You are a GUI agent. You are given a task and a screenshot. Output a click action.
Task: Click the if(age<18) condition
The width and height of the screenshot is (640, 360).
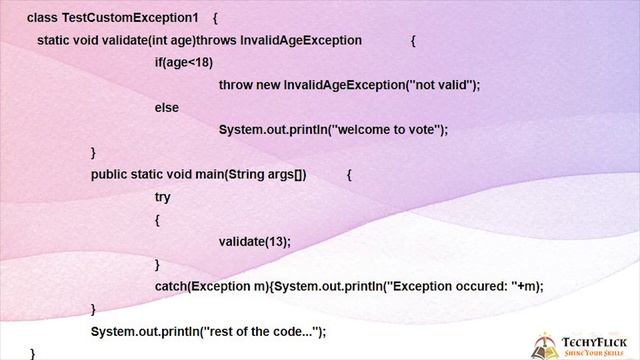coord(183,62)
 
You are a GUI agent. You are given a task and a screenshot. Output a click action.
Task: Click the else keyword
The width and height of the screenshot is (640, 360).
coord(166,107)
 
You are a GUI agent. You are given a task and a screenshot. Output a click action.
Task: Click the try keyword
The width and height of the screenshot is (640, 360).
coord(163,197)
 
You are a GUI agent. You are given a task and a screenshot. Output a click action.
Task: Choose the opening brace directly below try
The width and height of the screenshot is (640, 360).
coord(157,220)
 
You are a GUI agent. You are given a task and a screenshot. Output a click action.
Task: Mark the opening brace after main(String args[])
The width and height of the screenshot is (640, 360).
coord(349,174)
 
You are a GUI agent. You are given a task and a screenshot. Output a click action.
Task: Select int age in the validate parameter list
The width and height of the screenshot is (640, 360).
coord(172,40)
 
